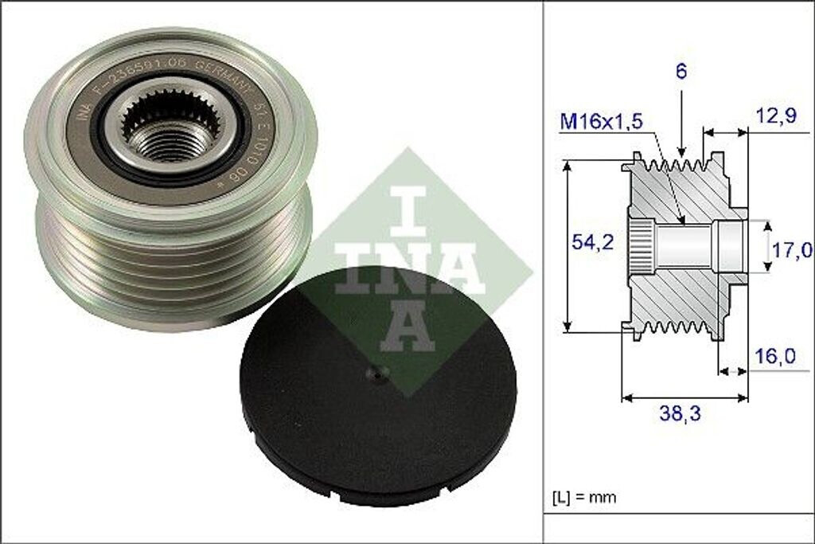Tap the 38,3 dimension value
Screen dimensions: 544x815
point(683,413)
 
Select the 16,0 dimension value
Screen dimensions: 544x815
point(774,356)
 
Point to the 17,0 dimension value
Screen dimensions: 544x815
point(791,250)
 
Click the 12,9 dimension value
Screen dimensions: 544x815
point(777,117)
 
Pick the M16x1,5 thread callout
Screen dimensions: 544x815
point(601,122)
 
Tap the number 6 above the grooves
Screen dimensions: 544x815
point(682,71)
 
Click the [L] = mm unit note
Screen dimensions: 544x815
point(584,498)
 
